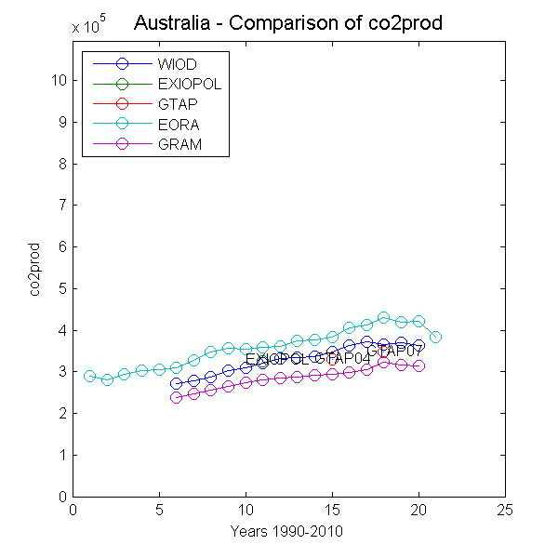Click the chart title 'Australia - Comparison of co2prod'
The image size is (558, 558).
(288, 23)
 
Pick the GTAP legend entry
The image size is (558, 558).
(178, 103)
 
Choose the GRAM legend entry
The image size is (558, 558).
(179, 143)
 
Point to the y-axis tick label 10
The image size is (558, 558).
(59, 80)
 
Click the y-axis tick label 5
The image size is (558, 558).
(61, 288)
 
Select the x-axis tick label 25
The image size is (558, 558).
(505, 510)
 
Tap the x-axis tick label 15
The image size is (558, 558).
(332, 510)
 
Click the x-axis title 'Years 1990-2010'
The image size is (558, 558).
(288, 531)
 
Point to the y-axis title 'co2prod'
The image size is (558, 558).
(35, 270)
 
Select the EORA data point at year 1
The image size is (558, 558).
(90, 377)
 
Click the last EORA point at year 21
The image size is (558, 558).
(435, 337)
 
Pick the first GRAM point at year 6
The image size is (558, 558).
(177, 397)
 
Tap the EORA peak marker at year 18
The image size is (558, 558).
(383, 318)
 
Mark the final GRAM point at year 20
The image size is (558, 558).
(418, 366)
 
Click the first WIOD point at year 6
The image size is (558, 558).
(177, 383)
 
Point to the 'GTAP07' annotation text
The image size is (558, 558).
(395, 351)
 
